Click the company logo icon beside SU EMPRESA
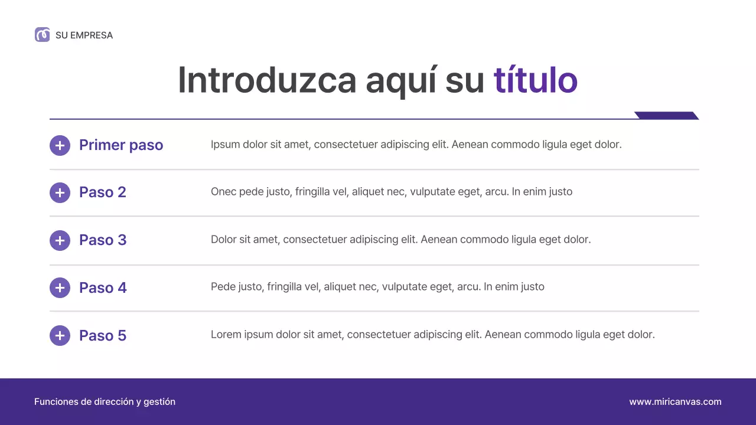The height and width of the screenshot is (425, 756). (x=42, y=35)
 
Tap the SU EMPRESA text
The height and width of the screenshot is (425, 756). (x=84, y=35)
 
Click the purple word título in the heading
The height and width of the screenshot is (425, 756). (x=535, y=80)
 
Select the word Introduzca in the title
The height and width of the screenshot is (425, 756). (x=267, y=80)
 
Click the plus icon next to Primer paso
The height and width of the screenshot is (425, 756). (x=60, y=145)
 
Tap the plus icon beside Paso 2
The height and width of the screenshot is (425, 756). (x=60, y=192)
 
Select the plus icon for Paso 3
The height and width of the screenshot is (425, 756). (x=60, y=240)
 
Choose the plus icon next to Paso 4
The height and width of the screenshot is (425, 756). (x=60, y=288)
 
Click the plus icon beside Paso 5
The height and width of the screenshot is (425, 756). (x=60, y=336)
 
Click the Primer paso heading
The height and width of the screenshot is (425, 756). (x=121, y=145)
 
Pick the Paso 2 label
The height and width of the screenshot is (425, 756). (x=103, y=192)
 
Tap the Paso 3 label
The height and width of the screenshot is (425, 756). (x=103, y=240)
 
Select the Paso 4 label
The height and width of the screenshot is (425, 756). (x=103, y=288)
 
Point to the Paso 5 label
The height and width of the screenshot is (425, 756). (x=103, y=336)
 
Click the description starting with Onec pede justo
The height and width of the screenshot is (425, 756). (x=391, y=192)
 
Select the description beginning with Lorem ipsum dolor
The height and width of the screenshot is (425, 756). (x=432, y=335)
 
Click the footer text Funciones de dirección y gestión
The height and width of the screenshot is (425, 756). (x=105, y=402)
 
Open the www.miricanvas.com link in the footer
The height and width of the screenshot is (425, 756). (x=675, y=402)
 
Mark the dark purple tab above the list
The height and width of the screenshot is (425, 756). (x=666, y=115)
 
